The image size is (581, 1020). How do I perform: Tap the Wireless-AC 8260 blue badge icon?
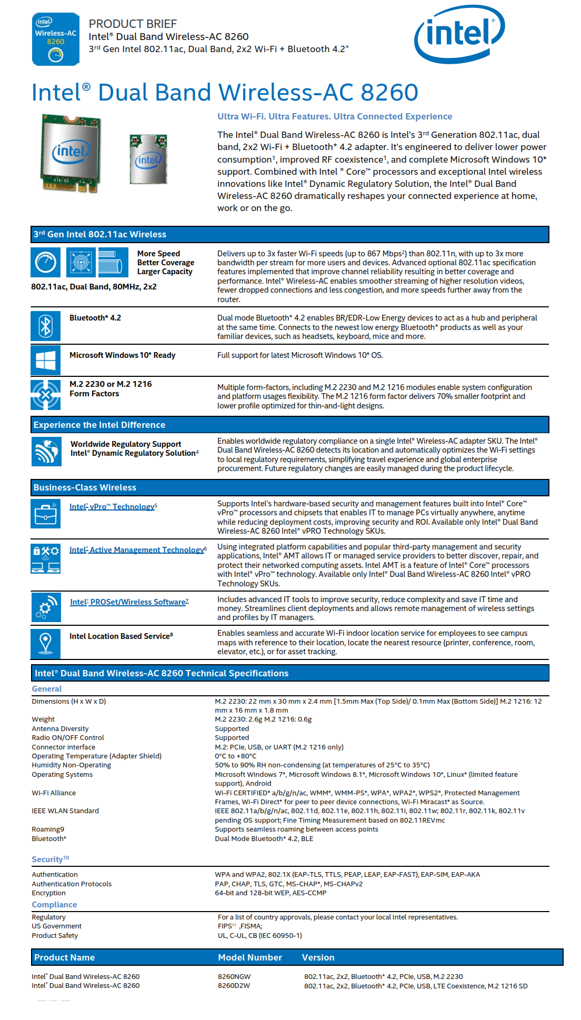[x=56, y=39]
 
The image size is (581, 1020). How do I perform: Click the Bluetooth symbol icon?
[x=46, y=326]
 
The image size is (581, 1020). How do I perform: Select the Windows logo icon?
[x=46, y=361]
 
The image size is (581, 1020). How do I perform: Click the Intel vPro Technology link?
[x=112, y=507]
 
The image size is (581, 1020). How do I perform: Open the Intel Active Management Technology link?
[x=137, y=550]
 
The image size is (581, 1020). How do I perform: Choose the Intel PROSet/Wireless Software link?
[x=128, y=602]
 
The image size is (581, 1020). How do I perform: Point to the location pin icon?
[x=46, y=643]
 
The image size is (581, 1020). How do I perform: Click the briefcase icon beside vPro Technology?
[x=46, y=513]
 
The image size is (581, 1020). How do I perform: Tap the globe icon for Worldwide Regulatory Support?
[x=46, y=452]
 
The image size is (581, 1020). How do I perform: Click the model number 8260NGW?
[x=234, y=977]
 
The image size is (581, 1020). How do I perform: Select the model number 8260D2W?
[x=234, y=986]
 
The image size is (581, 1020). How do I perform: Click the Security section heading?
[x=47, y=859]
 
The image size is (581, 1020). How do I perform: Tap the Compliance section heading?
[x=54, y=905]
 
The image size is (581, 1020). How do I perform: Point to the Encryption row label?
[x=48, y=893]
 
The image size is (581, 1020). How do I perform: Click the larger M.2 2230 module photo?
[x=71, y=153]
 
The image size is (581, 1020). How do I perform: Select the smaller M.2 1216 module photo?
[x=148, y=159]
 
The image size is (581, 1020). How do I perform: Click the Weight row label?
[x=43, y=719]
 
